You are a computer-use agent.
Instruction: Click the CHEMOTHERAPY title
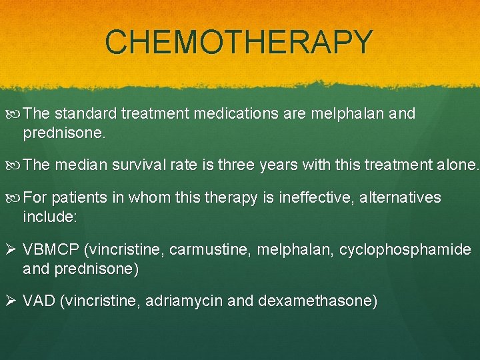pos(239,42)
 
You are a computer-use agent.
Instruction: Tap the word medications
pos(237,113)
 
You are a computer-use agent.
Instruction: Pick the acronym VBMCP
pos(51,250)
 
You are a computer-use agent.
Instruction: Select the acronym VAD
pos(39,301)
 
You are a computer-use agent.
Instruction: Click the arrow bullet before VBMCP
pos(11,250)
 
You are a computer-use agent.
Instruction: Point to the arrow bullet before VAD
pos(11,301)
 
